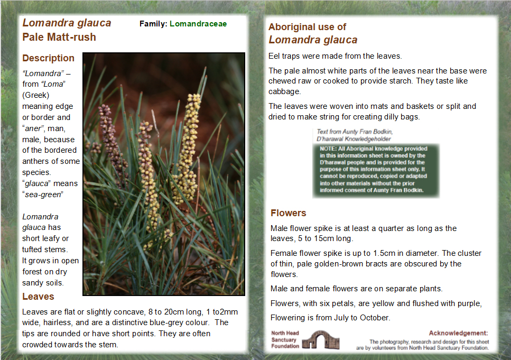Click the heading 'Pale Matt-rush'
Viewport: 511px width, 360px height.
(59, 37)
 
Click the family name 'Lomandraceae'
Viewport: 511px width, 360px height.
(198, 24)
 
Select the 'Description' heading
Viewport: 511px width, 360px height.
(49, 58)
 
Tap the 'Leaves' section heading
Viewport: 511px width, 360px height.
(38, 297)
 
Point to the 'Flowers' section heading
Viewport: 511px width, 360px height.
(289, 213)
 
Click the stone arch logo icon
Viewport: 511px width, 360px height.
(321, 340)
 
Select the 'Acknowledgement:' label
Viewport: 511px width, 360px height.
(458, 333)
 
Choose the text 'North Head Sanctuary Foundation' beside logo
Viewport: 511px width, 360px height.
(285, 340)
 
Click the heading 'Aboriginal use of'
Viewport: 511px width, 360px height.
(308, 27)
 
